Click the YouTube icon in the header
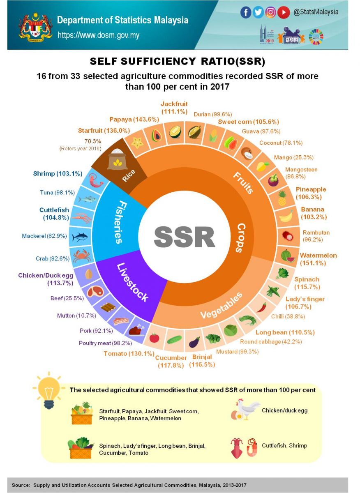click(x=283, y=13)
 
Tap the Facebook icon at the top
click(x=245, y=13)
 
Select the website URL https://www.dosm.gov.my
click(x=98, y=35)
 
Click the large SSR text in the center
click(x=185, y=237)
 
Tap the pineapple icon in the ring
click(x=282, y=198)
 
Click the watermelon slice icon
click(x=288, y=256)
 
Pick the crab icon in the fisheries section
click(x=81, y=256)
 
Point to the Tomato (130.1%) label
click(x=129, y=353)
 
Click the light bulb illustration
click(x=49, y=389)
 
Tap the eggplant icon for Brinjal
click(x=194, y=341)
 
